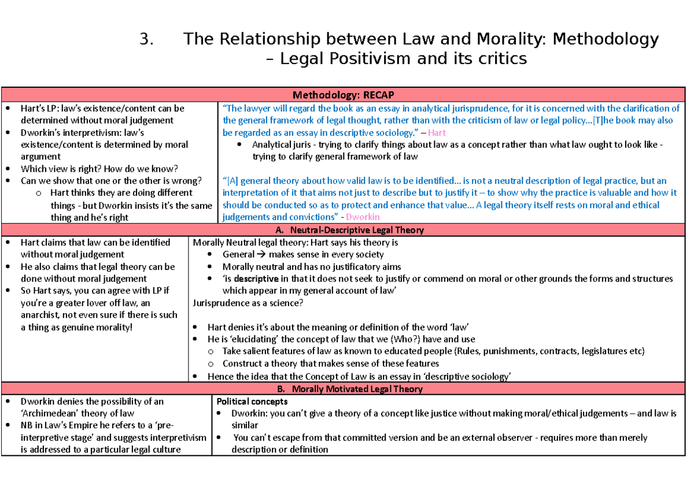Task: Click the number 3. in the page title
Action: [x=147, y=39]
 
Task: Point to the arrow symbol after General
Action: [x=260, y=254]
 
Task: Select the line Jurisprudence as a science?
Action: [x=248, y=303]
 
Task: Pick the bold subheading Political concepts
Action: [x=252, y=401]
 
